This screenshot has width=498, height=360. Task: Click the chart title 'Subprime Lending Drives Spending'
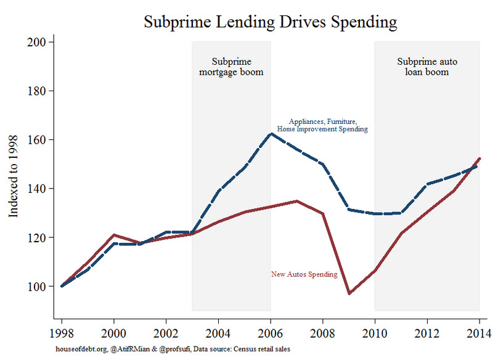(x=271, y=22)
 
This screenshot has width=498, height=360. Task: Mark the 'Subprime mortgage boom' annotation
(x=231, y=67)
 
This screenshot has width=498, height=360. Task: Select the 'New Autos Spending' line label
(x=304, y=274)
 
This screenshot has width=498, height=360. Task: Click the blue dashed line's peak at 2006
(x=271, y=133)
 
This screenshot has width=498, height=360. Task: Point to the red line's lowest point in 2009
(x=349, y=293)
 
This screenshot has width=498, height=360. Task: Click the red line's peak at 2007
(x=296, y=201)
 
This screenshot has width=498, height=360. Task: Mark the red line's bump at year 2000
(x=113, y=235)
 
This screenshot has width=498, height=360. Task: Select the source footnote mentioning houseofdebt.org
(x=173, y=349)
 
